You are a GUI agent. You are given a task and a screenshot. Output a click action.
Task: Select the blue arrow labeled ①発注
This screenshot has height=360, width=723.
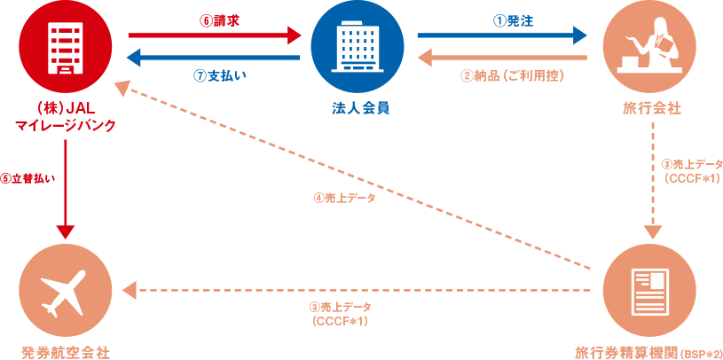[x=502, y=36]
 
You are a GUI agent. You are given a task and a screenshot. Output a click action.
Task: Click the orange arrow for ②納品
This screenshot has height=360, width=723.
[x=502, y=59]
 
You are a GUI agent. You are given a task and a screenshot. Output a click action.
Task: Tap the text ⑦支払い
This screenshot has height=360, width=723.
[x=220, y=75]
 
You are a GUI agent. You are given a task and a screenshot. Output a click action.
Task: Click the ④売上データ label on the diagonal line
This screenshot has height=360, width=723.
[x=345, y=199]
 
